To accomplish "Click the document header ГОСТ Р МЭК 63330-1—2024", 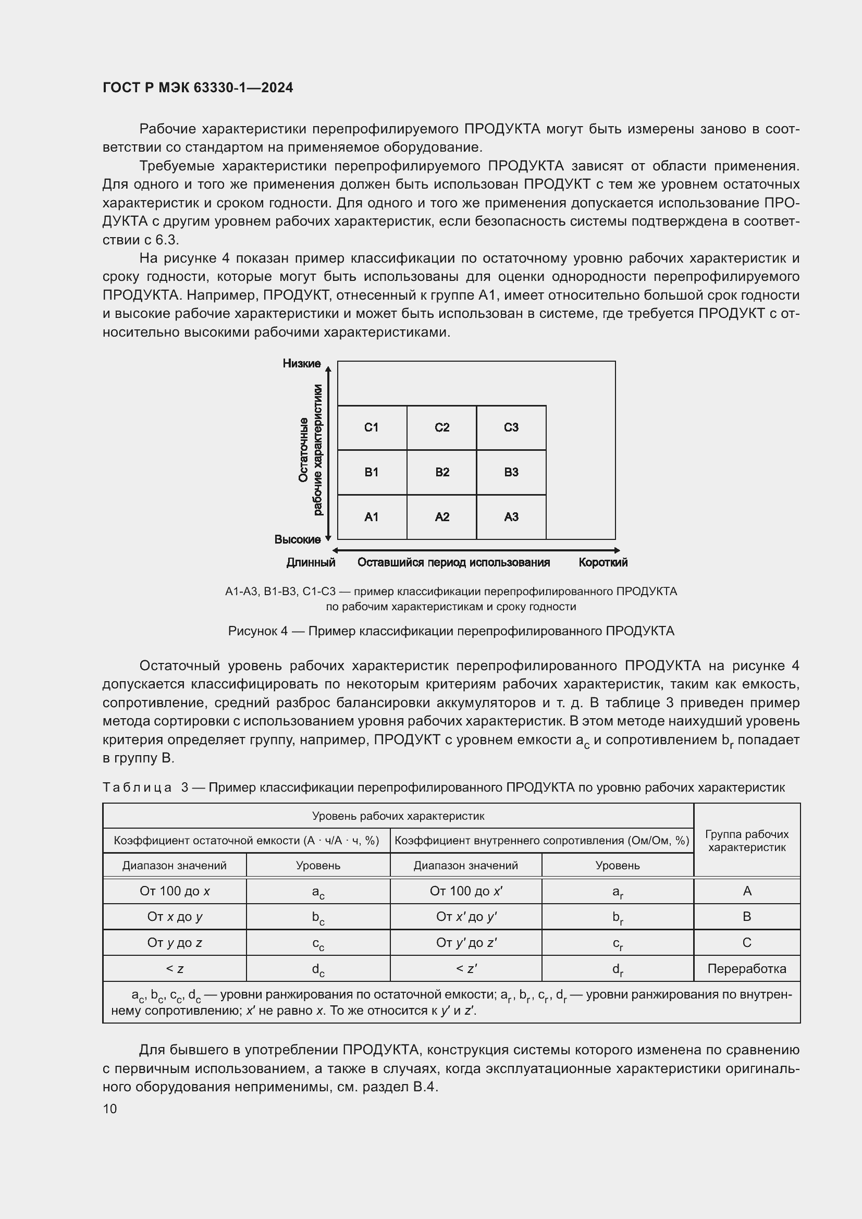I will tap(198, 88).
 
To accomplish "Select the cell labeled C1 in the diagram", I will tap(371, 427).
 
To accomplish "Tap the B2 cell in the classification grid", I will tap(441, 472).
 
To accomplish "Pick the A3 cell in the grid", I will tap(511, 516).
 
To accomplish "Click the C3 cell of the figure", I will tap(511, 427).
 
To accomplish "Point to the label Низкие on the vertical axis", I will tap(301, 363).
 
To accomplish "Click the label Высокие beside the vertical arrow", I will tap(297, 539).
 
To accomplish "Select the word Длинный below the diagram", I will tap(311, 562).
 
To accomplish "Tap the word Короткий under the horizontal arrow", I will tap(602, 562).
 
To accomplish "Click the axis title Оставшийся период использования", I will tap(453, 562).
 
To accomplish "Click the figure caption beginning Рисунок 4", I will tap(451, 631).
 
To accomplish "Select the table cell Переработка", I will tap(746, 968).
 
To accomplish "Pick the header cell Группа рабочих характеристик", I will tap(746, 841).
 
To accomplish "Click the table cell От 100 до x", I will tap(174, 891).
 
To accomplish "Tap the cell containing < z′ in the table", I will tap(465, 968).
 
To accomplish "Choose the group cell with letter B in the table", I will tap(746, 916).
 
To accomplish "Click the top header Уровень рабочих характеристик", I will tap(398, 816).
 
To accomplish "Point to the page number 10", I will tap(110, 1109).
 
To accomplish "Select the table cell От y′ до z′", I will tap(465, 942).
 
